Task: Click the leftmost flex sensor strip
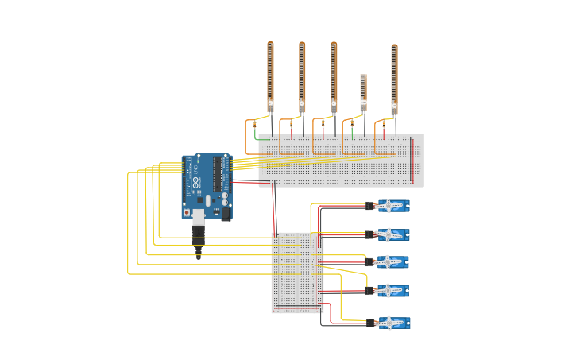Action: [x=270, y=75]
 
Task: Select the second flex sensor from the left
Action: [x=302, y=75]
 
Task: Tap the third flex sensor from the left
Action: [x=334, y=75]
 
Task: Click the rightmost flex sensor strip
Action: [x=394, y=78]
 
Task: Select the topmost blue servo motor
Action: [x=392, y=206]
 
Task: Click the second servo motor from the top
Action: [x=392, y=234]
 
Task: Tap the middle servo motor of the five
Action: [x=392, y=262]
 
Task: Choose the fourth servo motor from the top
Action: [x=392, y=291]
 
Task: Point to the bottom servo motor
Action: [x=392, y=323]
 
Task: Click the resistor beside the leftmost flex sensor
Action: [x=255, y=125]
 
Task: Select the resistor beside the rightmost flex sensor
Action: [x=384, y=125]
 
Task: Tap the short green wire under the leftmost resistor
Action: [x=255, y=136]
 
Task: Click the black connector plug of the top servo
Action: [x=370, y=206]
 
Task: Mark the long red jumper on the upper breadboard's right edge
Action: [x=412, y=160]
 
